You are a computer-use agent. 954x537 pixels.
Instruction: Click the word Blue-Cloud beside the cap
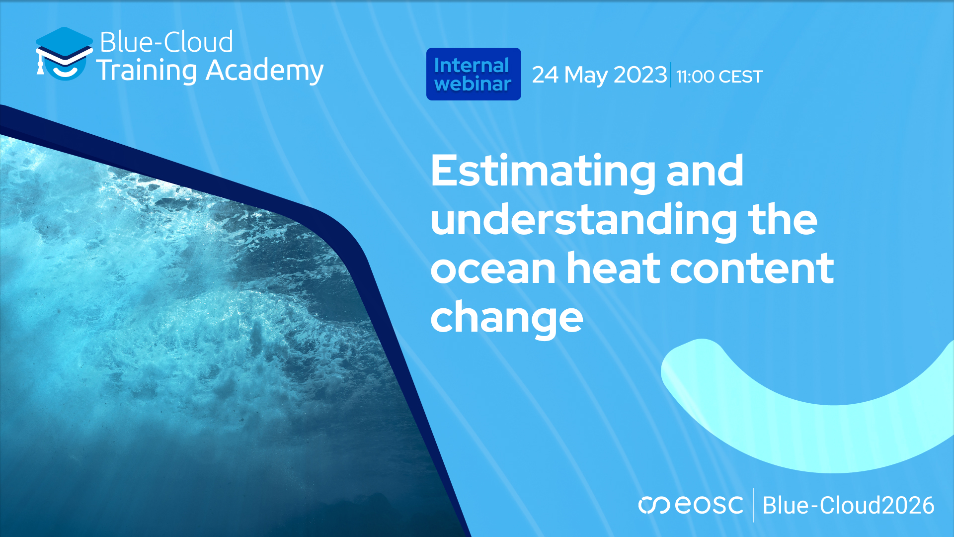[166, 42]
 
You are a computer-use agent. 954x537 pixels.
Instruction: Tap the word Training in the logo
[147, 71]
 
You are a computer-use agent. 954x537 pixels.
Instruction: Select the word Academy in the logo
[264, 71]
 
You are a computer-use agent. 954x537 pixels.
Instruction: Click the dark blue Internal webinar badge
[473, 74]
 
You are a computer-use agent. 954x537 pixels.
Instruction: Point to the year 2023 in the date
[640, 75]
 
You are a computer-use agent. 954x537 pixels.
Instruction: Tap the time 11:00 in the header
[695, 77]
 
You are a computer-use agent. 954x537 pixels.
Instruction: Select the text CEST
[740, 77]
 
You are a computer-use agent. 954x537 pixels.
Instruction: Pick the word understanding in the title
[584, 220]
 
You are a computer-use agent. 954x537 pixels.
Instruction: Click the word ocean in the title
[492, 269]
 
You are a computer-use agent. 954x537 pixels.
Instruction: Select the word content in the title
[752, 269]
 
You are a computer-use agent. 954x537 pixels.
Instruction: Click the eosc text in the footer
[709, 505]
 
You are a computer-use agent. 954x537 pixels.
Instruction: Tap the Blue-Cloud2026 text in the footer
[848, 505]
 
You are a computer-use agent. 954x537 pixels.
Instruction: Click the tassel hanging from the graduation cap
[40, 67]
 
